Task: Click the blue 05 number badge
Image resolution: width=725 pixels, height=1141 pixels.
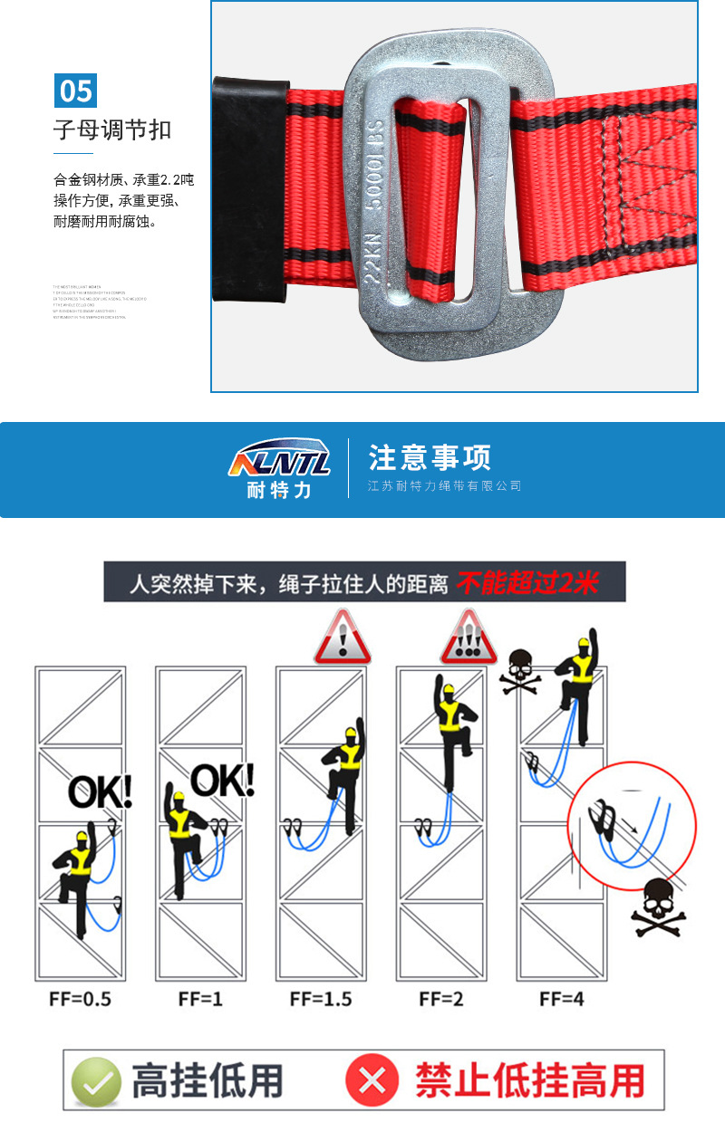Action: (76, 91)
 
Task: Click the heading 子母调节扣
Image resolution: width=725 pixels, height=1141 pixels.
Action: (112, 130)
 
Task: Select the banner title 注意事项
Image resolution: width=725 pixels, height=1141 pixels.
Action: (430, 457)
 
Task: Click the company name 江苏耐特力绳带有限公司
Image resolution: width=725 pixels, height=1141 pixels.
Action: (444, 486)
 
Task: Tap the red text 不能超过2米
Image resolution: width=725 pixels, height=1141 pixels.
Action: (527, 582)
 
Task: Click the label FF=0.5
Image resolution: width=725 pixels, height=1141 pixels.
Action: (81, 1000)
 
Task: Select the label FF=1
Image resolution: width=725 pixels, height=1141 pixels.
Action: (200, 1000)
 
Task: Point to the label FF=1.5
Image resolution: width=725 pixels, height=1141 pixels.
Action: (321, 1000)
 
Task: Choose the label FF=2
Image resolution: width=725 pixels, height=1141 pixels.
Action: (441, 1000)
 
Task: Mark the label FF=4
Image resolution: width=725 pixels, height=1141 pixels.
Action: (562, 1000)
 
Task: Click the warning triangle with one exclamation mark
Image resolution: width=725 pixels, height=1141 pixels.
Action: (342, 639)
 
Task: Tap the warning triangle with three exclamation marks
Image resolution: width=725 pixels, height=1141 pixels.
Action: (468, 639)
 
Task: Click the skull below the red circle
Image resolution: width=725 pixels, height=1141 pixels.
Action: (659, 907)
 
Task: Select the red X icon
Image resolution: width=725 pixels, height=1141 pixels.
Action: (372, 1080)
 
